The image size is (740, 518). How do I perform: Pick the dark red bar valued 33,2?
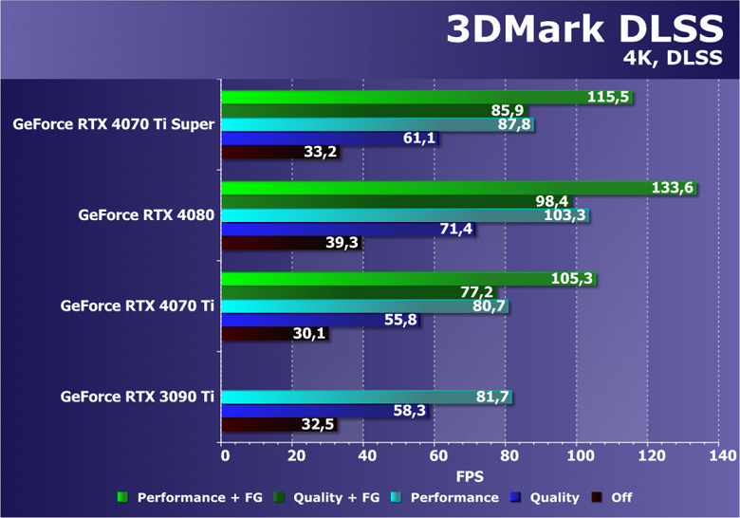266,152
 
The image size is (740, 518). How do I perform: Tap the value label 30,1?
282,334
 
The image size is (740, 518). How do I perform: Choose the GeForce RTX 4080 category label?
146,215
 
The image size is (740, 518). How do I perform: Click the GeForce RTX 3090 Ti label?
137,398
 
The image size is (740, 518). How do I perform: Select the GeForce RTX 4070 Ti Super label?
114,124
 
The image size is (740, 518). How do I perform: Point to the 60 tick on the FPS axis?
435,455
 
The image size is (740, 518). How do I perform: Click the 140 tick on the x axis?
720,455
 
